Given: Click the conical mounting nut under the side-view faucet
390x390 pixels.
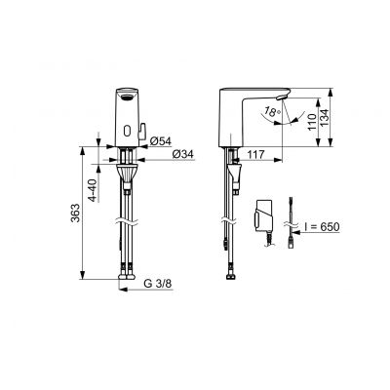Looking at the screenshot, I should coord(233,175).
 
